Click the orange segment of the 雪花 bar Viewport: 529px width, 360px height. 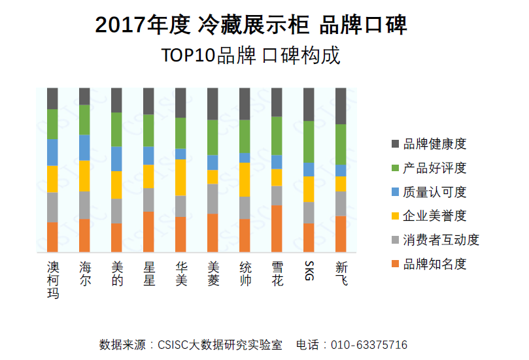point(277,229)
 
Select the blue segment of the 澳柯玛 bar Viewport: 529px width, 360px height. point(52,152)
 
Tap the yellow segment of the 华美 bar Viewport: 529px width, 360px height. point(180,177)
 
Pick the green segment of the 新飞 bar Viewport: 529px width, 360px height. point(341,144)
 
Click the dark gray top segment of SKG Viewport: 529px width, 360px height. point(309,105)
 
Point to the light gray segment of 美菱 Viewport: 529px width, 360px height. point(213,199)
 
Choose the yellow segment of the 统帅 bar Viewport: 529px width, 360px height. point(245,180)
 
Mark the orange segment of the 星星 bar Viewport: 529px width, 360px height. point(148,231)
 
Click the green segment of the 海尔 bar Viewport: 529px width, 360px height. point(84,120)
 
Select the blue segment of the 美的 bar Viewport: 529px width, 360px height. point(116,159)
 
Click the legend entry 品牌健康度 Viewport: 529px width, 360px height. point(435,144)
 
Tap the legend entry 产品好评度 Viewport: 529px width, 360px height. point(435,168)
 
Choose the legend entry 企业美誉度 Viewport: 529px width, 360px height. point(435,216)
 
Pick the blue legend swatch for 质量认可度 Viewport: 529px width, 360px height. point(394,192)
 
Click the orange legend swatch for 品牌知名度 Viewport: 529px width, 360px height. point(394,264)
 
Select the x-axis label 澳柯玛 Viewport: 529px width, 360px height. point(53,280)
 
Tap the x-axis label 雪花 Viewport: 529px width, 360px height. point(277,274)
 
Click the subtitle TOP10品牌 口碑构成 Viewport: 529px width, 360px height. point(250,55)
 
